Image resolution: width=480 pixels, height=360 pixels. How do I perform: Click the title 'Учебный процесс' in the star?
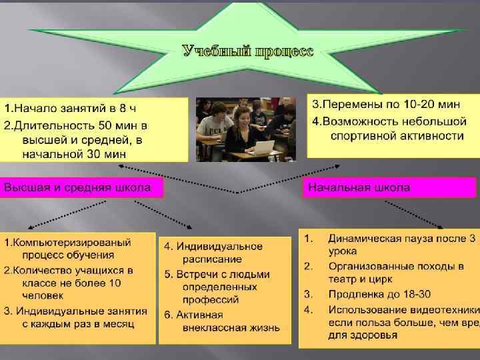[247, 51]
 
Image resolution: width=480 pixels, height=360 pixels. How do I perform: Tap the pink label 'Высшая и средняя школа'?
[82, 188]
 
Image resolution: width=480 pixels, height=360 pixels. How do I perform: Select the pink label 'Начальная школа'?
[358, 188]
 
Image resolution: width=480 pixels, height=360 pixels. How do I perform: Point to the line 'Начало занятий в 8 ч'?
[73, 107]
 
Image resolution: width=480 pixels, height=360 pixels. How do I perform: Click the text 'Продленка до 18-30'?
[379, 294]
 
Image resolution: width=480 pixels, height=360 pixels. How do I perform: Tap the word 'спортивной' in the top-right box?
[362, 136]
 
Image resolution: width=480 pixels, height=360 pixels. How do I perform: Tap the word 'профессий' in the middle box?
[209, 299]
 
